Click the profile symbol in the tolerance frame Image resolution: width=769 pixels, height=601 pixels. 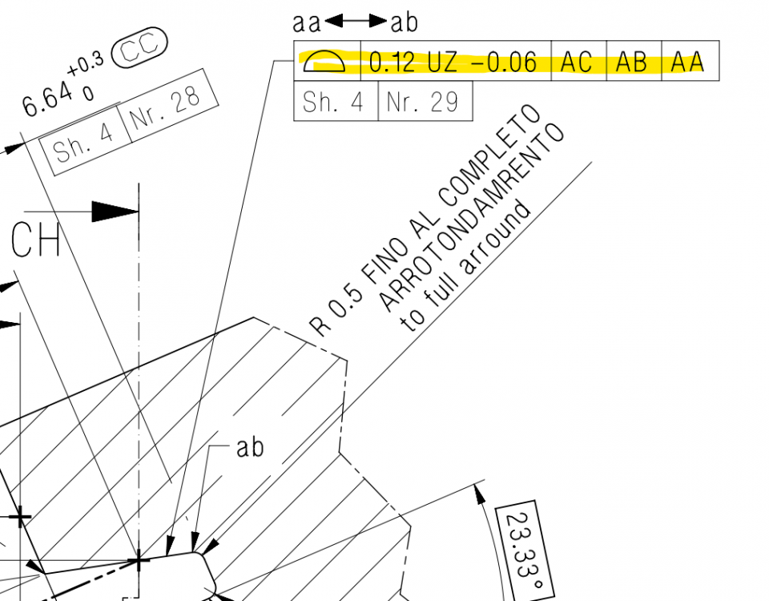point(327,61)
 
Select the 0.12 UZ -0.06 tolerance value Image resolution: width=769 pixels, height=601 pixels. point(453,62)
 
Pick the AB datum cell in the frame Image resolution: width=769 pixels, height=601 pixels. point(632,62)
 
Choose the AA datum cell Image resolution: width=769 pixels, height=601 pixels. point(687,62)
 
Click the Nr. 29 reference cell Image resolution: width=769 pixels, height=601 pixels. point(424,103)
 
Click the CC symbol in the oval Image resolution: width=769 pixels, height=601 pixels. point(139,49)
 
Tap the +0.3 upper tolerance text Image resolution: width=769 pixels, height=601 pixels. point(86,66)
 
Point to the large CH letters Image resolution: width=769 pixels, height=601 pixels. point(36,240)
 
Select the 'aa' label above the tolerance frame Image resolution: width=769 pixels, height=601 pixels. point(307,22)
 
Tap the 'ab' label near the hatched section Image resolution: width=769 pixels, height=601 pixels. point(249,447)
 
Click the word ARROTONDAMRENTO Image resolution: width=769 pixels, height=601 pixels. point(470,217)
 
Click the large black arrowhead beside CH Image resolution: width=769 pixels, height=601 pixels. point(115,212)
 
